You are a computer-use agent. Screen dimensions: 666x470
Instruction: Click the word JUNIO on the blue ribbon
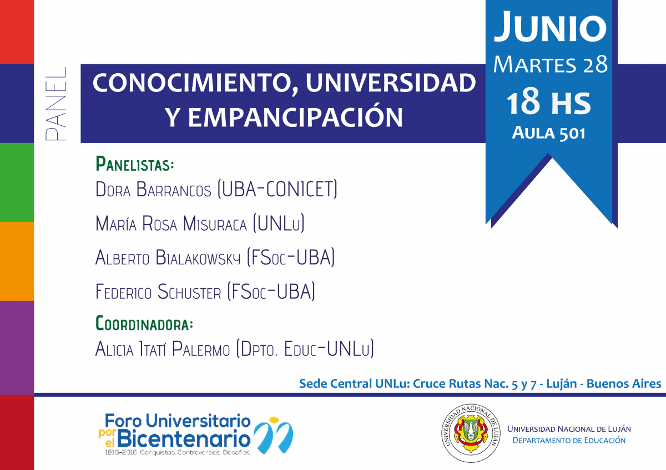[x=550, y=27]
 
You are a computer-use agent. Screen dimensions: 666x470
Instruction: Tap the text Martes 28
[x=551, y=64]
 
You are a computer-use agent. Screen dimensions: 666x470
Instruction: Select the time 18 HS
[x=548, y=103]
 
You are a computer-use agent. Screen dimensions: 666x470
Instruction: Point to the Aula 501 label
[x=548, y=132]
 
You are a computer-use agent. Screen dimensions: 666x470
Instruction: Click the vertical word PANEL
[x=56, y=104]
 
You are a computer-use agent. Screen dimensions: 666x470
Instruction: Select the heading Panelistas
[x=135, y=164]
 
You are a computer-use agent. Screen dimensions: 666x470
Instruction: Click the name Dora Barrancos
[x=153, y=189]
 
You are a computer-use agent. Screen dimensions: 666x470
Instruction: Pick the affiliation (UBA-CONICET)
[x=277, y=189]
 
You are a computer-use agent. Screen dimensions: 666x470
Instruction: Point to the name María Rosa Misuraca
[x=171, y=223]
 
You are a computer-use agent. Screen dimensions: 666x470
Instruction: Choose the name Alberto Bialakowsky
[x=168, y=257]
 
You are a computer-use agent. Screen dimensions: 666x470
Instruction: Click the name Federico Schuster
[x=158, y=292]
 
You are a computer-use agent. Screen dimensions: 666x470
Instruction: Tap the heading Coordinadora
[x=144, y=323]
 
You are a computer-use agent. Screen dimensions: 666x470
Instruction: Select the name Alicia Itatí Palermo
[x=163, y=348]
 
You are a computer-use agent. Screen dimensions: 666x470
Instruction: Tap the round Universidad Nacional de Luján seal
[x=471, y=433]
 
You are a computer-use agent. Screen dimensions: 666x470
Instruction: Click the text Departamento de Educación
[x=569, y=440]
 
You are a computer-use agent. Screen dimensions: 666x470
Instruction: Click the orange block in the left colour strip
[x=17, y=261]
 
